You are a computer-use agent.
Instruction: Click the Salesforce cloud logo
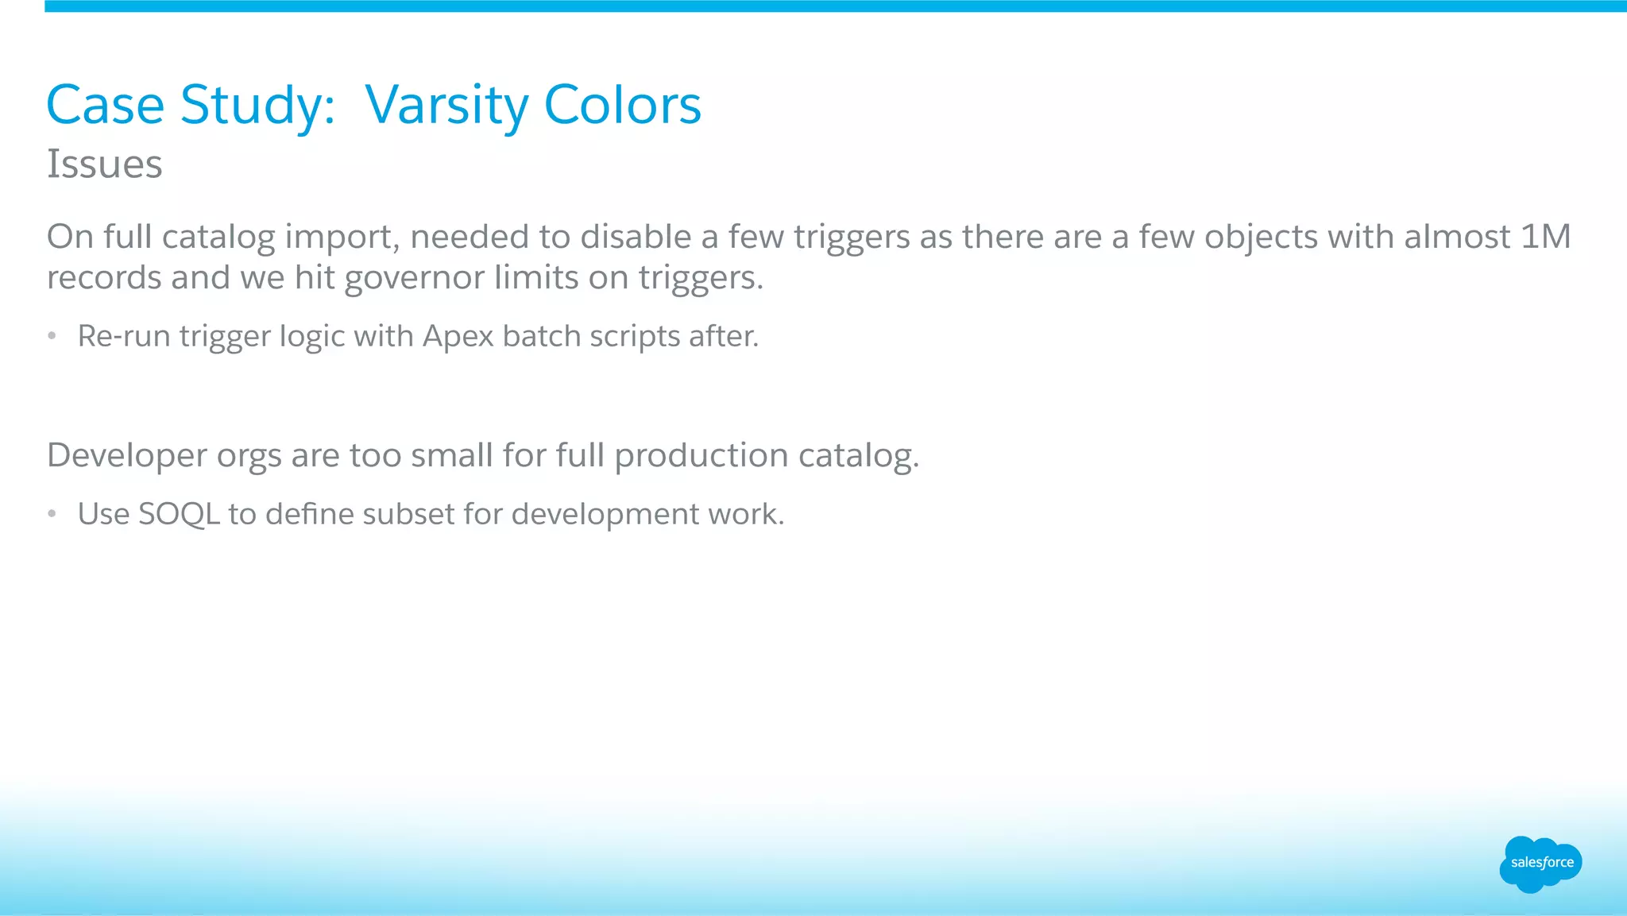click(1540, 864)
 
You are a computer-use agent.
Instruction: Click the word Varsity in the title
click(446, 106)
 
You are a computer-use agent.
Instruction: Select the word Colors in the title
click(622, 106)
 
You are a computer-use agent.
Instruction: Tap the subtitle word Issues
click(104, 165)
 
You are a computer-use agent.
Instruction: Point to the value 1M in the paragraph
click(1545, 237)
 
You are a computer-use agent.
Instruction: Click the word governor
click(414, 279)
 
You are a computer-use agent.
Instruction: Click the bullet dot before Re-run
click(52, 337)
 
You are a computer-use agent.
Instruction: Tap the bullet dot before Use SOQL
click(52, 515)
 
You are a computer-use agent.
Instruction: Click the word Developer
click(126, 456)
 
